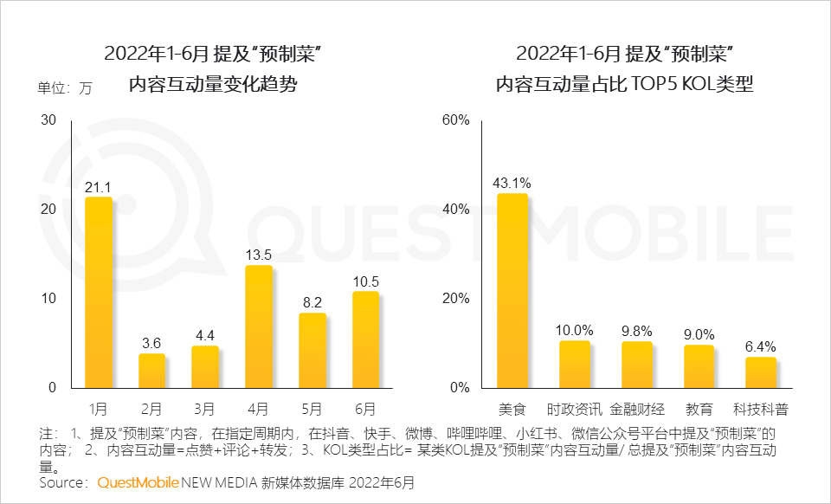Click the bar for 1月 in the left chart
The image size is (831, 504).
click(x=99, y=293)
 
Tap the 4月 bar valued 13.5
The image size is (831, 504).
click(x=259, y=326)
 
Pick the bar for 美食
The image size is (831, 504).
click(x=512, y=290)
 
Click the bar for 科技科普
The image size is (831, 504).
click(x=761, y=372)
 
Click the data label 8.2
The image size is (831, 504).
click(x=312, y=303)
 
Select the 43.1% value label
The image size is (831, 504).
click(x=512, y=183)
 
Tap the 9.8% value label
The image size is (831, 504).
click(x=636, y=331)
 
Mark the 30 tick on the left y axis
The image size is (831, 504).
click(x=48, y=120)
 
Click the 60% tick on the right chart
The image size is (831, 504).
click(x=455, y=120)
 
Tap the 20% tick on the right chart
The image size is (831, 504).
click(x=455, y=298)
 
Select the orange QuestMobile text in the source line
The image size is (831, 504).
click(x=138, y=481)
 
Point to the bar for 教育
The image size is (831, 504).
click(x=699, y=366)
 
